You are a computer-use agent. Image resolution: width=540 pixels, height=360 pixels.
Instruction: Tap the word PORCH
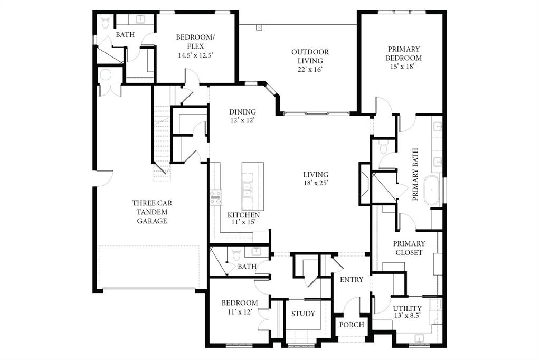click(351, 325)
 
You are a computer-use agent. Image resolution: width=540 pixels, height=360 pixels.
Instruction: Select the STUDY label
click(303, 314)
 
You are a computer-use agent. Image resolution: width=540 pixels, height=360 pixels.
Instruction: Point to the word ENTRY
click(351, 279)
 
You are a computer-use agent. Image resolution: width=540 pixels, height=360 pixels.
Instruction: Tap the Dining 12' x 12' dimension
click(242, 121)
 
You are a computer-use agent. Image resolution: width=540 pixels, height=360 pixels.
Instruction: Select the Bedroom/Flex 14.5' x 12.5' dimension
click(195, 54)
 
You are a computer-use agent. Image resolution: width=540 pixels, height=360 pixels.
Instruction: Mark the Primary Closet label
click(409, 248)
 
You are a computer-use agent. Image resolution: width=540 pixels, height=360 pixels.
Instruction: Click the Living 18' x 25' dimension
click(316, 184)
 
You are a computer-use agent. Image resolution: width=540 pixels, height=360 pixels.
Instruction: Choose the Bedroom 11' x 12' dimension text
click(239, 311)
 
